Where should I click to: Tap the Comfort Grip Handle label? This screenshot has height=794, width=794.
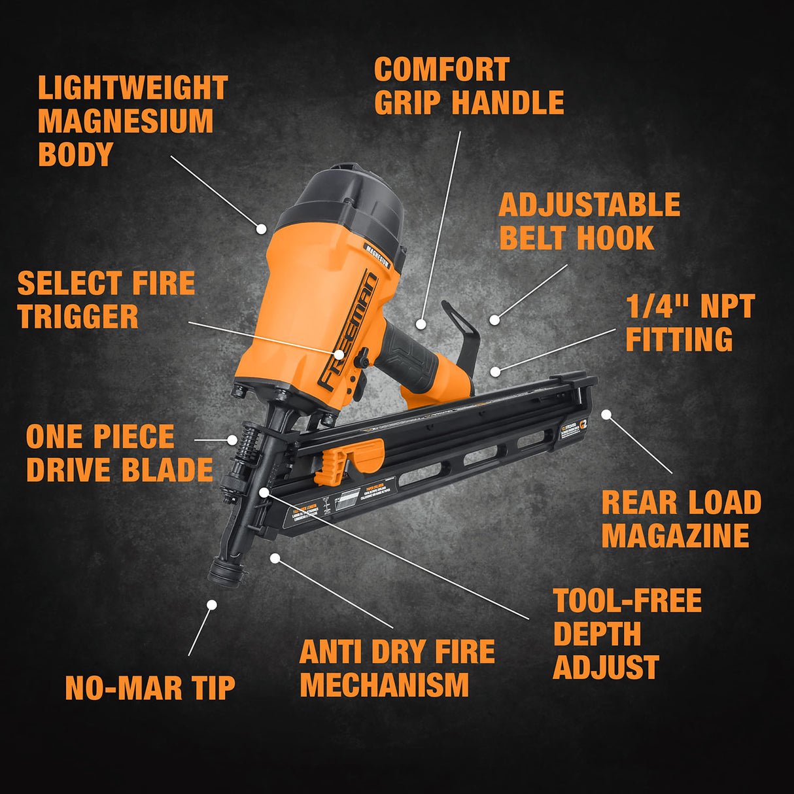coord(468,86)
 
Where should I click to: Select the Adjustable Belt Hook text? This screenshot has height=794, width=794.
coord(589,222)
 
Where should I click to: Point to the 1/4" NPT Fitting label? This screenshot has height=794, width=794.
coord(690,322)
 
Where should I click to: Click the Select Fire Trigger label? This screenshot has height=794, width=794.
coord(106,300)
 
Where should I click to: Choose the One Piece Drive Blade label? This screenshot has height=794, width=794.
coord(119,453)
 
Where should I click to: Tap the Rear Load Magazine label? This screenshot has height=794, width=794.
coord(681,519)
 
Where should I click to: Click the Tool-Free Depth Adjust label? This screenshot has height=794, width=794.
coord(627,634)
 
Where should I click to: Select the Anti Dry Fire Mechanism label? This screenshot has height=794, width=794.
coord(397,668)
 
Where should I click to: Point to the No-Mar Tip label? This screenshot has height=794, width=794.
coord(150,688)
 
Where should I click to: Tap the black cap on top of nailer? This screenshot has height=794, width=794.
coord(347,196)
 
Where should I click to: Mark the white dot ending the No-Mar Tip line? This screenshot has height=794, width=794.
coord(211,605)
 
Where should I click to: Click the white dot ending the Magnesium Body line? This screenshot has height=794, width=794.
coord(261,229)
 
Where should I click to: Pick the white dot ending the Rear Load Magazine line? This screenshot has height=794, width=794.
coord(606,414)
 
